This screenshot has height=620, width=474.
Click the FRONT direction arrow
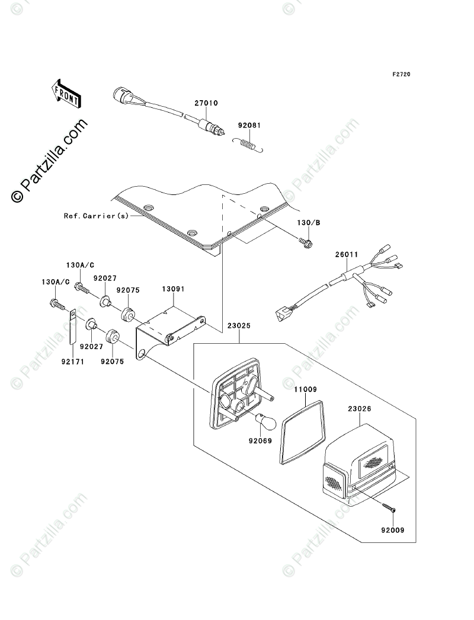pyautogui.click(x=66, y=94)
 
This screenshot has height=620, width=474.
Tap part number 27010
pyautogui.click(x=206, y=103)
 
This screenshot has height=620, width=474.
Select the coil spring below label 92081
pyautogui.click(x=248, y=144)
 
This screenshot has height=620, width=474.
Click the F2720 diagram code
pyautogui.click(x=401, y=74)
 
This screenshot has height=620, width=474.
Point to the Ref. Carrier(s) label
pyautogui.click(x=96, y=216)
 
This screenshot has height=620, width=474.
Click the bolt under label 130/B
pyautogui.click(x=306, y=242)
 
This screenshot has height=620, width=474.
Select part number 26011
pyautogui.click(x=347, y=255)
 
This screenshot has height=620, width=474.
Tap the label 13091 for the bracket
pyautogui.click(x=173, y=289)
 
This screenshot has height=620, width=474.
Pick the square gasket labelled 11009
pyautogui.click(x=303, y=432)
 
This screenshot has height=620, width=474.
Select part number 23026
pyautogui.click(x=360, y=409)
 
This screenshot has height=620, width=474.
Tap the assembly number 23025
pyautogui.click(x=239, y=326)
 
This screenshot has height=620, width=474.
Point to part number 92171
pyautogui.click(x=73, y=362)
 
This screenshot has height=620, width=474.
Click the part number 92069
pyautogui.click(x=261, y=440)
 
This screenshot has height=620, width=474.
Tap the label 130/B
pyautogui.click(x=309, y=223)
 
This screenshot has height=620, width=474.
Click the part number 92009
pyautogui.click(x=393, y=530)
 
